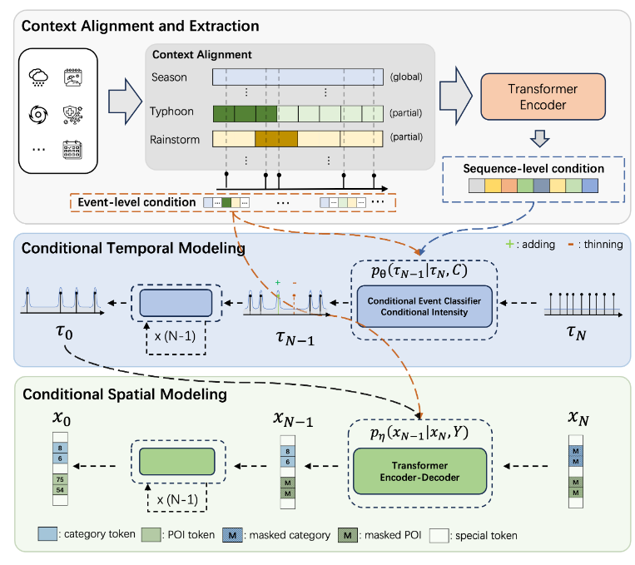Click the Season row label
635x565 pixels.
pos(171,78)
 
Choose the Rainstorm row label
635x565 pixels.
pos(175,139)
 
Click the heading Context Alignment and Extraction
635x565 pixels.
pos(140,26)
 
